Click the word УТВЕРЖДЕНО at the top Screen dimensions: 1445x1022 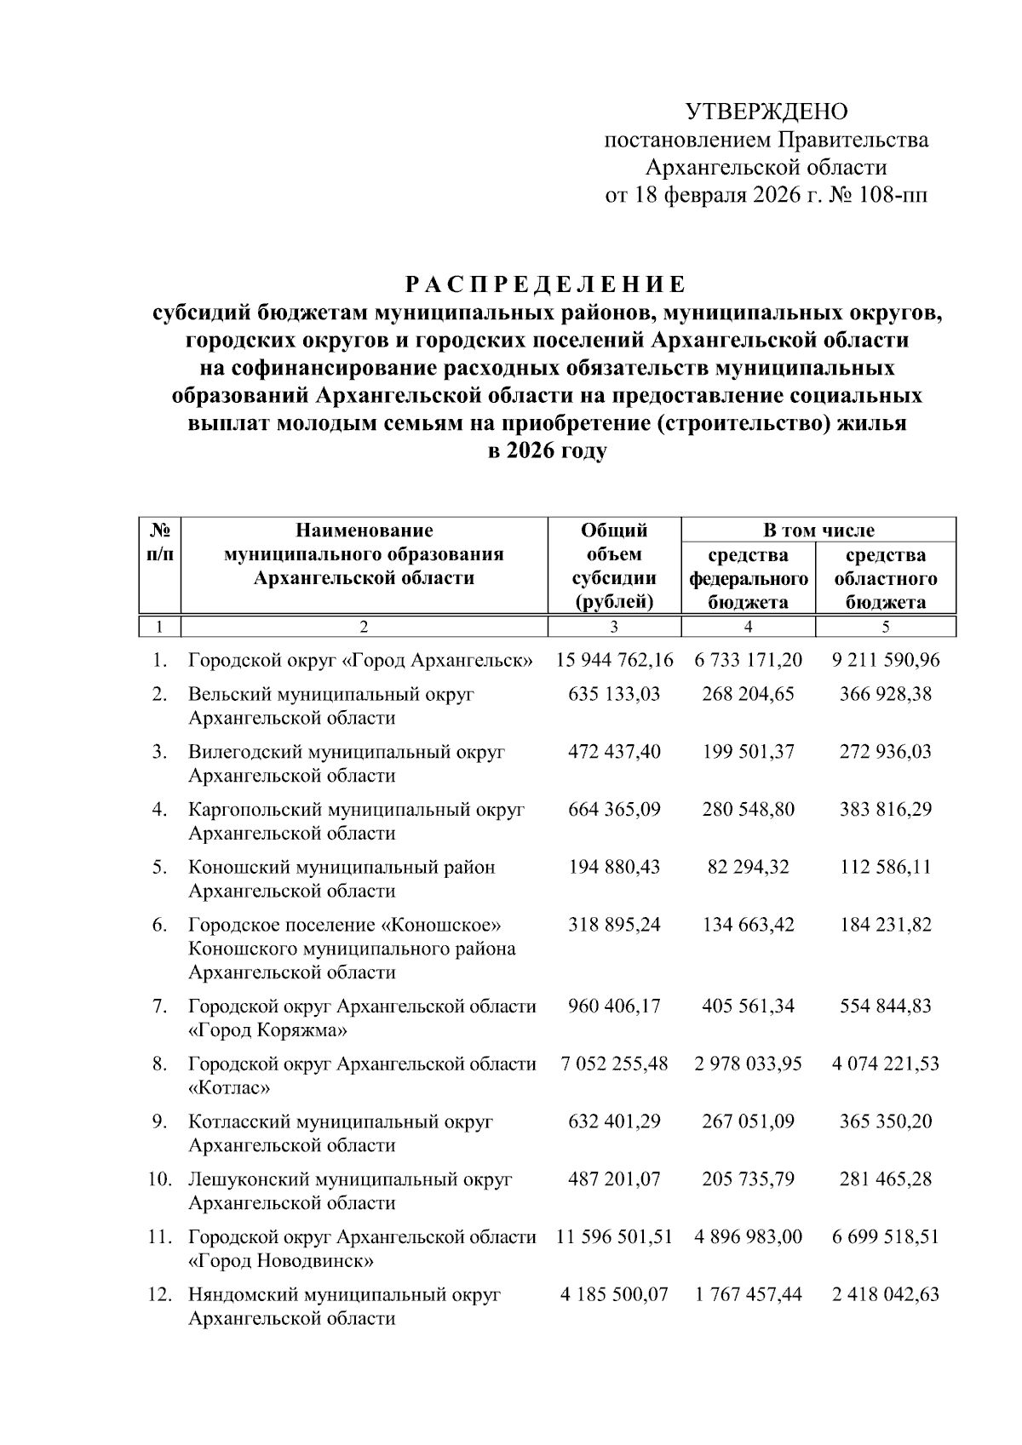[x=766, y=112]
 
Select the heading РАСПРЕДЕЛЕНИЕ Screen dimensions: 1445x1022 [x=545, y=284]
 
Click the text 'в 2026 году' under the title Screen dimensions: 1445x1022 [x=546, y=451]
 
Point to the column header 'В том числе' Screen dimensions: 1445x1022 [x=818, y=530]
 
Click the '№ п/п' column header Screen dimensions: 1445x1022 [x=160, y=542]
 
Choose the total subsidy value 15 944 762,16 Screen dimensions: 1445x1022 [x=614, y=660]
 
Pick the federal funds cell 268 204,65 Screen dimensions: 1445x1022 [x=748, y=694]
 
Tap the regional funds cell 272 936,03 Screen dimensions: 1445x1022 [x=885, y=752]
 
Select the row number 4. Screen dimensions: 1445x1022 [x=159, y=809]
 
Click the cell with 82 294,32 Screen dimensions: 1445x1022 [x=748, y=867]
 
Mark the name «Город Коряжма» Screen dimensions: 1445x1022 [x=267, y=1030]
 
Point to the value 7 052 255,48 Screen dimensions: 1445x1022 [x=614, y=1064]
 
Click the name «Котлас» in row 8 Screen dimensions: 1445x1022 [x=229, y=1087]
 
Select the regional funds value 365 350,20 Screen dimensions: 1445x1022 [x=885, y=1121]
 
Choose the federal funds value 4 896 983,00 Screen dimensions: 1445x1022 [x=748, y=1236]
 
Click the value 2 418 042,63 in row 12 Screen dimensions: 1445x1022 [x=885, y=1294]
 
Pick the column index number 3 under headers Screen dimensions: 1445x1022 [x=614, y=628]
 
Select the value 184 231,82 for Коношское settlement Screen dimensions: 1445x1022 [x=885, y=925]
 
